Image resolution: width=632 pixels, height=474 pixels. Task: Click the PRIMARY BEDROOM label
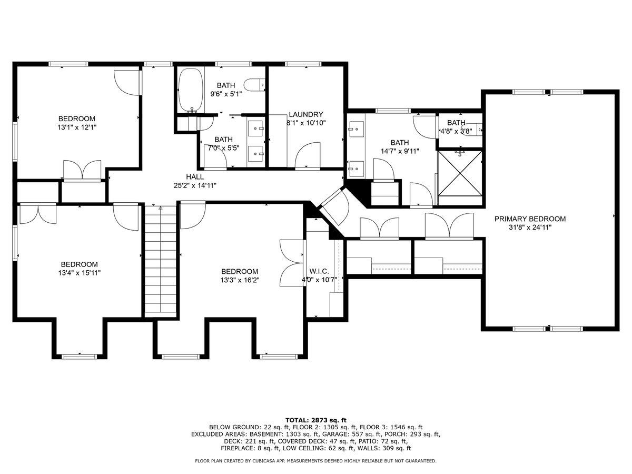tap(530, 219)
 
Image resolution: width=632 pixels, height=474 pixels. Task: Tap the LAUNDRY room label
tap(306, 114)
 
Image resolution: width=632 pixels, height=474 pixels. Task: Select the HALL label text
tap(195, 177)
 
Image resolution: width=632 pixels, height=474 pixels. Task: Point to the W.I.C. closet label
tap(319, 271)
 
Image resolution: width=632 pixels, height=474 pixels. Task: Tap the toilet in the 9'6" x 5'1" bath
tap(254, 85)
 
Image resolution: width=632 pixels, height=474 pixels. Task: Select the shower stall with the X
tap(460, 174)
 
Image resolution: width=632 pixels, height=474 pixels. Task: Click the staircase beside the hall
tap(161, 259)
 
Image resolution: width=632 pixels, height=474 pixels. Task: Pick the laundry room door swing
tap(308, 154)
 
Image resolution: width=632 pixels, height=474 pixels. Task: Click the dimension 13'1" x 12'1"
tap(77, 127)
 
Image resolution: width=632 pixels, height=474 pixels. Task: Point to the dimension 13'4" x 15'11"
tap(80, 273)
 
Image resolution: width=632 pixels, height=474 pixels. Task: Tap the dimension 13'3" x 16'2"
tap(240, 280)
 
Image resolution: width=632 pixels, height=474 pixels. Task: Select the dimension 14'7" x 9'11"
tap(400, 151)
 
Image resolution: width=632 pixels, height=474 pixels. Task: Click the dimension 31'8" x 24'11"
tap(530, 228)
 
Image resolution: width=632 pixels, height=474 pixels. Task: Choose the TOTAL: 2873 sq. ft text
tap(316, 420)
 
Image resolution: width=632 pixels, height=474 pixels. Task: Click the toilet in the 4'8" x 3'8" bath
tap(471, 129)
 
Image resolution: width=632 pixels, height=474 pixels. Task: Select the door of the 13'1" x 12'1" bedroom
tap(127, 82)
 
